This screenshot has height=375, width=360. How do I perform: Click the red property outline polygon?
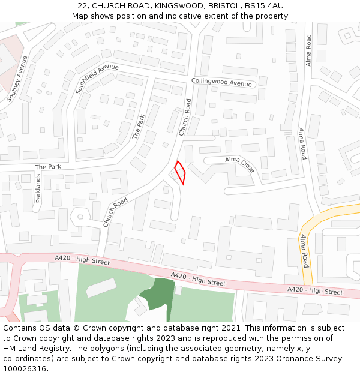179,173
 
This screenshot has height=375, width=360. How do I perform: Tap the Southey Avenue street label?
17,78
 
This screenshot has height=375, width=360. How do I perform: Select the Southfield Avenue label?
97,79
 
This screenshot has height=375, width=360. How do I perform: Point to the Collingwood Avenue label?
221,83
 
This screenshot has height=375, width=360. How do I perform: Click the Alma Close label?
240,164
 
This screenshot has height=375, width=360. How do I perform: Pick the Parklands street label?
38,188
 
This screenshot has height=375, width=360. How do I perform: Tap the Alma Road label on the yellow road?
305,251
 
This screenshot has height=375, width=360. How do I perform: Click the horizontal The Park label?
48,167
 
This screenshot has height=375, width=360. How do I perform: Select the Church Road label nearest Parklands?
115,212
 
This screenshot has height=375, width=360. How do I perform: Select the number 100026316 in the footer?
25,369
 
